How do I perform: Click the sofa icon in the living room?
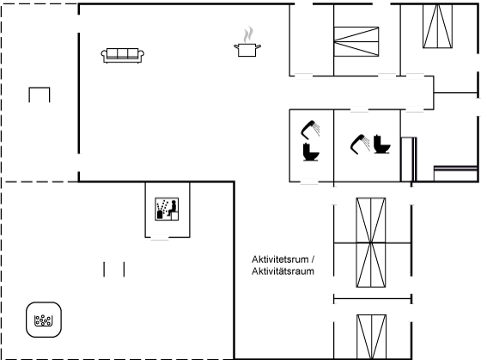click(x=123, y=56)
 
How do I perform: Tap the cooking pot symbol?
click(x=247, y=50)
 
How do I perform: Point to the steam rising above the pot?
click(x=248, y=34)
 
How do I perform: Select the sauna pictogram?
click(x=167, y=209)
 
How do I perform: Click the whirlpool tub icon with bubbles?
click(x=44, y=320)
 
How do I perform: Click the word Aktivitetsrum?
click(x=280, y=259)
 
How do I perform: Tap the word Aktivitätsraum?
click(x=283, y=272)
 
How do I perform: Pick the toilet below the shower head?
click(x=311, y=152)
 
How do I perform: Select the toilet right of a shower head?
click(x=382, y=144)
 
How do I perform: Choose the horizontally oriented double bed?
click(x=356, y=42)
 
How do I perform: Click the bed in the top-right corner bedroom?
click(x=438, y=26)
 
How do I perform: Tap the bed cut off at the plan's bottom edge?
click(x=371, y=337)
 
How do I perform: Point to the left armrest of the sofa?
click(x=104, y=55)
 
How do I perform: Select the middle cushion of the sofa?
click(x=122, y=53)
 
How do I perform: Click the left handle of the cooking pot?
click(x=236, y=46)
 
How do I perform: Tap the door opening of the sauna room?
click(x=160, y=237)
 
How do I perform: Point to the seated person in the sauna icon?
click(x=173, y=208)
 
